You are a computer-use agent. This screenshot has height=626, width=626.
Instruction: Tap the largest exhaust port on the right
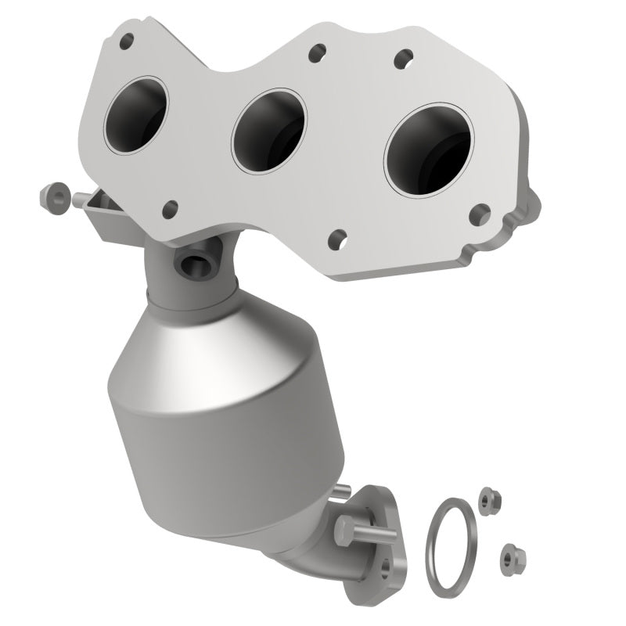click(x=428, y=149)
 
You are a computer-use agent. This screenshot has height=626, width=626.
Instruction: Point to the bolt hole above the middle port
click(x=316, y=53)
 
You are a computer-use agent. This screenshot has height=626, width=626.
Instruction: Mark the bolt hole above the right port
click(x=405, y=57)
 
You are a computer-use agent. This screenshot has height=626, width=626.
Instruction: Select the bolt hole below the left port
click(x=169, y=208)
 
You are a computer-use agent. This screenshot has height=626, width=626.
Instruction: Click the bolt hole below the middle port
click(x=338, y=238)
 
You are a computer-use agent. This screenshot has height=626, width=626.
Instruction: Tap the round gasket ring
click(x=449, y=538)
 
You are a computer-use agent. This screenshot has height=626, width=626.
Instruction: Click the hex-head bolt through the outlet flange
click(x=349, y=532)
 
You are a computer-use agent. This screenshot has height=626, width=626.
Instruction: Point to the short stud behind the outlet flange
click(x=341, y=491)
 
